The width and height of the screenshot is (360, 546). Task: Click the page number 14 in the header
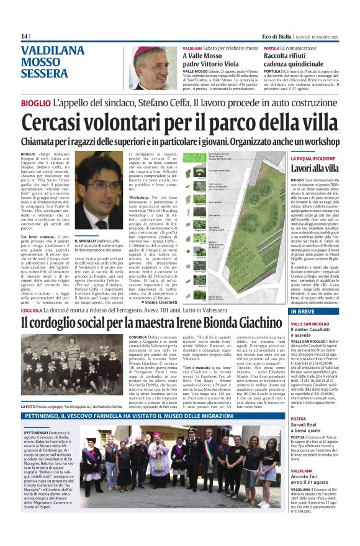(x=25, y=36)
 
